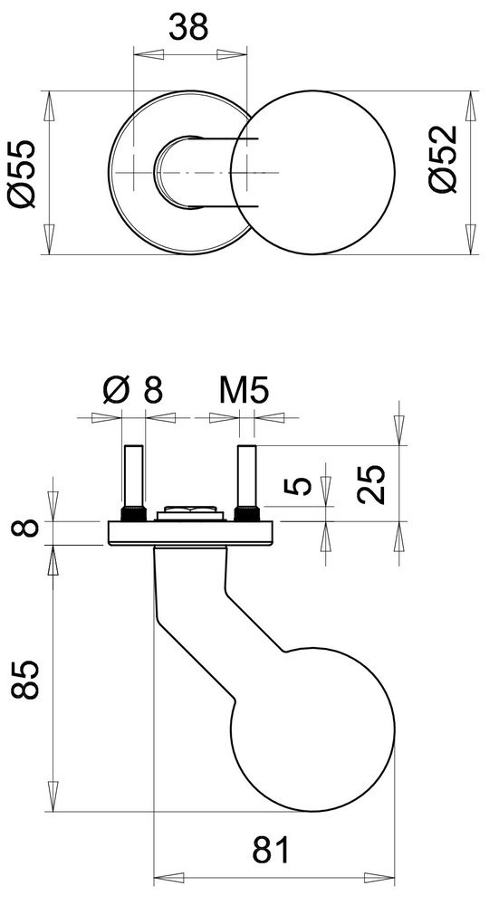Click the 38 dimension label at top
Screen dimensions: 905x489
189,28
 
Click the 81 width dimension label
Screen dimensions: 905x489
271,852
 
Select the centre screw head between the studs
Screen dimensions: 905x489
189,513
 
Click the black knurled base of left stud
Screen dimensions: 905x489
132,514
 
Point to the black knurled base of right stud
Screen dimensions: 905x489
245,514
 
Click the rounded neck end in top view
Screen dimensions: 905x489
168,172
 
